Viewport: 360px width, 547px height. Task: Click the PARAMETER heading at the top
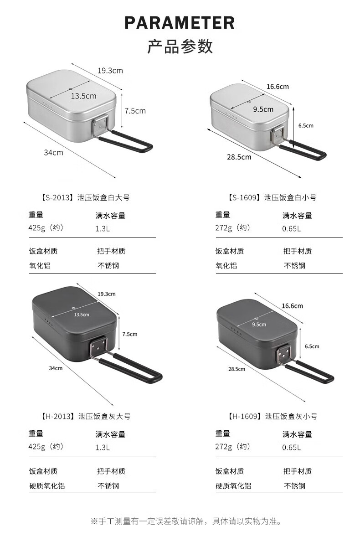click(x=180, y=23)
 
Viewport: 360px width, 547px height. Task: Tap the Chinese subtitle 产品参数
click(x=180, y=46)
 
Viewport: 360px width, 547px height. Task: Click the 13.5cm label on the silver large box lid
click(x=83, y=96)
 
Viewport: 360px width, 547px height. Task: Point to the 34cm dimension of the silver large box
click(x=53, y=152)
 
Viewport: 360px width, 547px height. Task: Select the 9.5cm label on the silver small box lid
click(x=263, y=109)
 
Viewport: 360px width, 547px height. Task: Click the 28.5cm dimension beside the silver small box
click(x=239, y=157)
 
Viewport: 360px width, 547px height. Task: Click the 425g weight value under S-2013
click(x=46, y=228)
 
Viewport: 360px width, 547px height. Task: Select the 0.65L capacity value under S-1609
click(x=291, y=228)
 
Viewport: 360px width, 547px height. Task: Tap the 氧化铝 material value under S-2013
click(x=40, y=265)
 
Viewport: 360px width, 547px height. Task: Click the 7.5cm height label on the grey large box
click(x=129, y=334)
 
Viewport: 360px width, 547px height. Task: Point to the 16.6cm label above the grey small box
click(x=292, y=306)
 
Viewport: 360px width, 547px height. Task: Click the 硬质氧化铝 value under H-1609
click(x=233, y=485)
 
